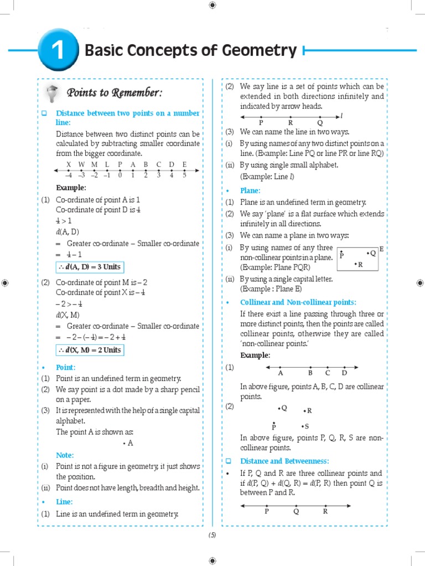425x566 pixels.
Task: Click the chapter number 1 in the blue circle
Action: tap(58, 51)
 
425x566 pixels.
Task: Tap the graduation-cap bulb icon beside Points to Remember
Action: tap(53, 92)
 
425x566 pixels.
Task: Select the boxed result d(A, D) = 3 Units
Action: tap(89, 267)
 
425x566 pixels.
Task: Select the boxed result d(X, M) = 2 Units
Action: tap(89, 350)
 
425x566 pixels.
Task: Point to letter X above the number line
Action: tap(69, 164)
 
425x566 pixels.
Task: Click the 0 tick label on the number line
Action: tap(120, 175)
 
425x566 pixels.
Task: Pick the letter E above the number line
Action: tap(184, 164)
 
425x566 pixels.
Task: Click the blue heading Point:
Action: tap(65, 367)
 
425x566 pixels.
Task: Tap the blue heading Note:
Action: tap(65, 455)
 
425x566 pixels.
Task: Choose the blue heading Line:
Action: tap(64, 501)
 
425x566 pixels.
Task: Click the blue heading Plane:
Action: tap(250, 190)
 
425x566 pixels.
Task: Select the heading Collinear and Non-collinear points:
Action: tap(298, 302)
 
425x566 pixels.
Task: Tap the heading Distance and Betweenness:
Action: tap(284, 460)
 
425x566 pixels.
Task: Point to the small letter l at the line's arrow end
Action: tap(342, 116)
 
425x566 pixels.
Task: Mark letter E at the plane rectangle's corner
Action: tap(381, 250)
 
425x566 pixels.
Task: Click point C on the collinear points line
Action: tap(328, 373)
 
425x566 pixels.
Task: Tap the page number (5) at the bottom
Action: tap(212, 534)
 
